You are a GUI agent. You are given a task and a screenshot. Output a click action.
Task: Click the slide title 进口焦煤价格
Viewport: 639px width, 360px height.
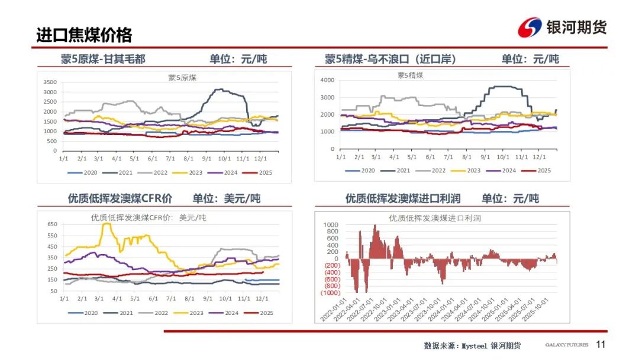pyautogui.click(x=83, y=34)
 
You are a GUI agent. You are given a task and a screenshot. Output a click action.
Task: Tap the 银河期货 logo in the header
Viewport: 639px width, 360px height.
pyautogui.click(x=561, y=27)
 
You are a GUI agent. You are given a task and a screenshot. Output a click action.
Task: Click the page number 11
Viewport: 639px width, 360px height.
pyautogui.click(x=601, y=345)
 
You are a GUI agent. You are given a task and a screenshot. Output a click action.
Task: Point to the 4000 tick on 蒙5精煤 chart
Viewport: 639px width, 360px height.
pyautogui.click(x=327, y=80)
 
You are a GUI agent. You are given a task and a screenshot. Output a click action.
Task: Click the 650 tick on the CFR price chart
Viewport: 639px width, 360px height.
pyautogui.click(x=52, y=224)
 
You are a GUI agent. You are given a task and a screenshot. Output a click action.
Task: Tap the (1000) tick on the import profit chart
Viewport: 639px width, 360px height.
pyautogui.click(x=331, y=292)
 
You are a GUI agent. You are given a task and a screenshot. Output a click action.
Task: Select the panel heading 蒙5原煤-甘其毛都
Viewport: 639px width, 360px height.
pyautogui.click(x=102, y=59)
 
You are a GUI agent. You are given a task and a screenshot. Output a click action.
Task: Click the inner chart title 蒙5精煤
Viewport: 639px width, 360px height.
pyautogui.click(x=410, y=75)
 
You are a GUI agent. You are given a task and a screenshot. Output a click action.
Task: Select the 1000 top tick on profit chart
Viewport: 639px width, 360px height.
pyautogui.click(x=332, y=225)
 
